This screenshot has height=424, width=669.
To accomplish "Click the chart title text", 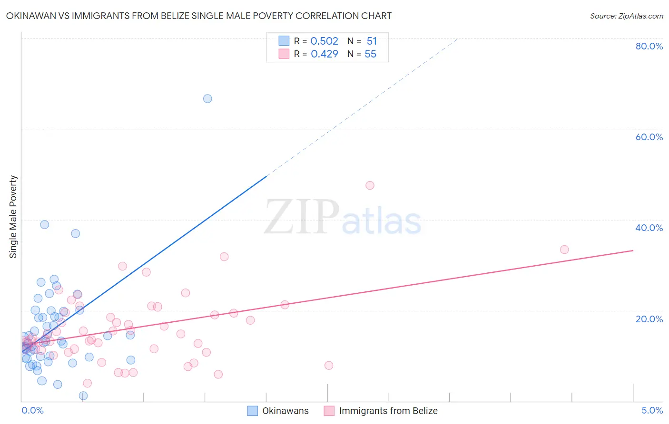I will [199, 16].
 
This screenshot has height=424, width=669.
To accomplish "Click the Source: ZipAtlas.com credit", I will [626, 16].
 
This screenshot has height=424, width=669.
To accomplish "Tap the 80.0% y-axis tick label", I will [649, 46].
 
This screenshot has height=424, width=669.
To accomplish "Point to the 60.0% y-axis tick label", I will [649, 137].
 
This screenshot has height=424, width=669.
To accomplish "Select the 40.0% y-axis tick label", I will [649, 228].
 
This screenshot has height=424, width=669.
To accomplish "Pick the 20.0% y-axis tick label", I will [649, 319].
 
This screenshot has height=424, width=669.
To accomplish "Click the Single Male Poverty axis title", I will [13, 217].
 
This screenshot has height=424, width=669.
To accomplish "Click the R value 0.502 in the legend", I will [324, 41].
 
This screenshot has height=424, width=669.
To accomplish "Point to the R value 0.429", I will [324, 54].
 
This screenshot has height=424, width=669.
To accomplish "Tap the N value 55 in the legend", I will [370, 54].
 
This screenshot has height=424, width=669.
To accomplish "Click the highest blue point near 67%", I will [207, 99].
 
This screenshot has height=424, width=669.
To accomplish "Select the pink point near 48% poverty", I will [370, 185].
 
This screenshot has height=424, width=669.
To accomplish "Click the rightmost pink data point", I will [564, 250].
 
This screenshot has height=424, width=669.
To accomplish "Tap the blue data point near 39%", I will [45, 224].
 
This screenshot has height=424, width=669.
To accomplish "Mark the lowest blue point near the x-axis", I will [83, 396].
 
